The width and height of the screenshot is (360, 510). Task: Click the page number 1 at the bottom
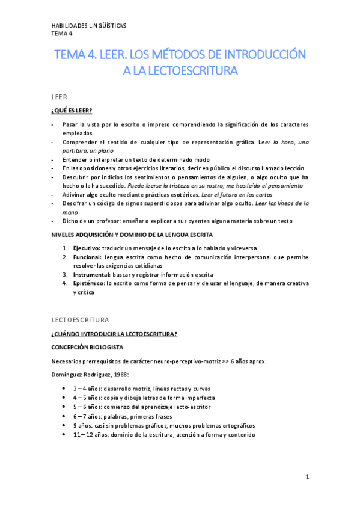(x=307, y=477)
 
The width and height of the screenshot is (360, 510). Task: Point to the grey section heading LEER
(x=58, y=96)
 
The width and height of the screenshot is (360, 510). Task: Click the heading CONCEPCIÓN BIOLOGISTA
(x=87, y=348)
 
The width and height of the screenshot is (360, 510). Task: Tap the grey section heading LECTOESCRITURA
(x=81, y=319)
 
